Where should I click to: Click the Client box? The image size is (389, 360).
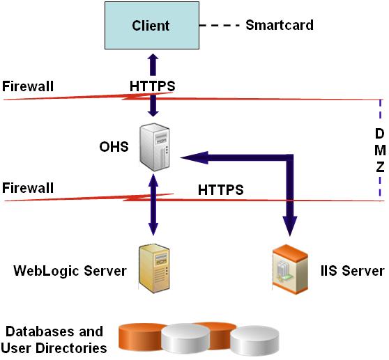click(151, 26)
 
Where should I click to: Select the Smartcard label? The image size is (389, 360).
click(280, 26)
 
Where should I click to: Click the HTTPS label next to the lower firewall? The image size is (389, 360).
click(221, 189)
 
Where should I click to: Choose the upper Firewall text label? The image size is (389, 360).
click(28, 86)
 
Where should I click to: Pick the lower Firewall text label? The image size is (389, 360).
click(28, 188)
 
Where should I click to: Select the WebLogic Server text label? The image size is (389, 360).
click(70, 270)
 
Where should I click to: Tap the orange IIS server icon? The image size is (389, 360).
click(289, 268)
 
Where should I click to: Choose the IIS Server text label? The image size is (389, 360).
click(356, 270)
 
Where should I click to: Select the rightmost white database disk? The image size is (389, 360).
click(255, 341)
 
